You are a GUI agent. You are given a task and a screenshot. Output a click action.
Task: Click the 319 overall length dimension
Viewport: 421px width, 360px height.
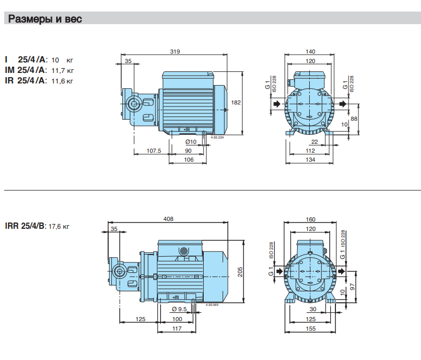point(175,51)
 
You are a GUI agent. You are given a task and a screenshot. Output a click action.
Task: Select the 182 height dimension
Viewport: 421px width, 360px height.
point(236,102)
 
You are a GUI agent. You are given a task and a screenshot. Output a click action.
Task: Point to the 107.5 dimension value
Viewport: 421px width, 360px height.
point(153,151)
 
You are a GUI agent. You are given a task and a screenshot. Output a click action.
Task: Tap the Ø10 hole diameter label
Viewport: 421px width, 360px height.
point(191,142)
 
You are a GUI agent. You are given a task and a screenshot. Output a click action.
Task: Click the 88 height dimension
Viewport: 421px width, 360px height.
point(354,119)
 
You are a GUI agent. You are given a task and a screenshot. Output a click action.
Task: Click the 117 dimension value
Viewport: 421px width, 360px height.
point(176,329)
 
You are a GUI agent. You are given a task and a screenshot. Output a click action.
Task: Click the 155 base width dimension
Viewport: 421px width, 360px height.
point(311,329)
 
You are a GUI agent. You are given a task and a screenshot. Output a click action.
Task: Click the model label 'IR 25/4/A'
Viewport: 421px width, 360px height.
point(25,81)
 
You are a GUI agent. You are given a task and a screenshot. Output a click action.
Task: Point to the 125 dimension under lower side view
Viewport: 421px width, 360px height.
point(140,319)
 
